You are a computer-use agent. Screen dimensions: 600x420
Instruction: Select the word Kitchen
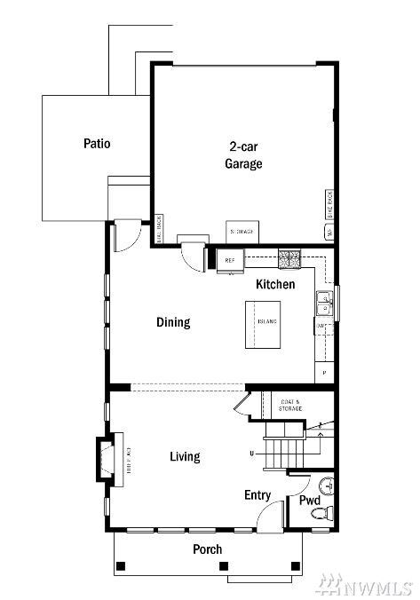coord(275,285)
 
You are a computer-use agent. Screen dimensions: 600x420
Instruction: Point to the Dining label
coord(173,322)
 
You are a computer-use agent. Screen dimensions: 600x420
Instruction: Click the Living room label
coord(185,456)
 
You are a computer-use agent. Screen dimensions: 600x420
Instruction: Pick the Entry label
coord(257,495)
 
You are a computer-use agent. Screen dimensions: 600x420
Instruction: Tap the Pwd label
coord(309,501)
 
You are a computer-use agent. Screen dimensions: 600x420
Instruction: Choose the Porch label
coord(207,549)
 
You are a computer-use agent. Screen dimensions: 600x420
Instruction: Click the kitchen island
coord(266,321)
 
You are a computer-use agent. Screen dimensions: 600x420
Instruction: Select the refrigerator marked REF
coord(230,260)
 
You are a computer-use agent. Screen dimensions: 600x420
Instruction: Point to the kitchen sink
coord(324,304)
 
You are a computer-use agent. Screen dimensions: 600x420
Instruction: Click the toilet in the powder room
coord(326,512)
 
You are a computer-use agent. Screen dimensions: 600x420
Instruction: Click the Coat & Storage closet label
coord(290,405)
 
